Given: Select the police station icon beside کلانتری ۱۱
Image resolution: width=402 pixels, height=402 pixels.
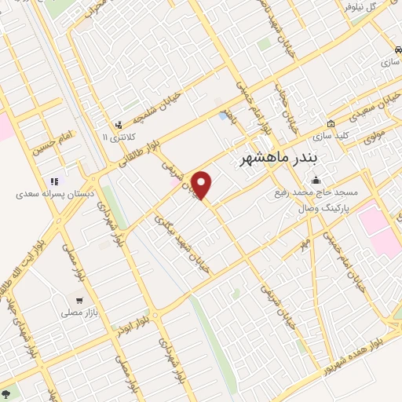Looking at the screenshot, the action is (x=119, y=125).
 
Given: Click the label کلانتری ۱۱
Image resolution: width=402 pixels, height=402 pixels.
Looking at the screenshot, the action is (x=119, y=137).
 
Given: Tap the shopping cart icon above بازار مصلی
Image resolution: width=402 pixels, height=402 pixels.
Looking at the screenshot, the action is (x=79, y=301).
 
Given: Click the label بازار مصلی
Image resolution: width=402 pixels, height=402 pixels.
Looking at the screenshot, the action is (x=79, y=312).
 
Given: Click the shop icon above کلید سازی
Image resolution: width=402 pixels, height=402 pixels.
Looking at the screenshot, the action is (x=331, y=124).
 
